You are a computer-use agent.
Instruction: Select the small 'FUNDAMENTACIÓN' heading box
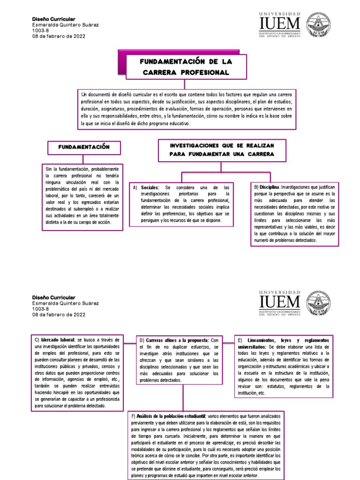click(84, 147)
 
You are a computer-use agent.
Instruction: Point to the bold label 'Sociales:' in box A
click(150, 187)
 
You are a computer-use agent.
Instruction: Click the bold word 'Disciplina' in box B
click(269, 187)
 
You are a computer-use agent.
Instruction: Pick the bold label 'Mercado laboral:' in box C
click(58, 339)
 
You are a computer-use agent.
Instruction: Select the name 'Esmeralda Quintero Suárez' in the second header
click(65, 303)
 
